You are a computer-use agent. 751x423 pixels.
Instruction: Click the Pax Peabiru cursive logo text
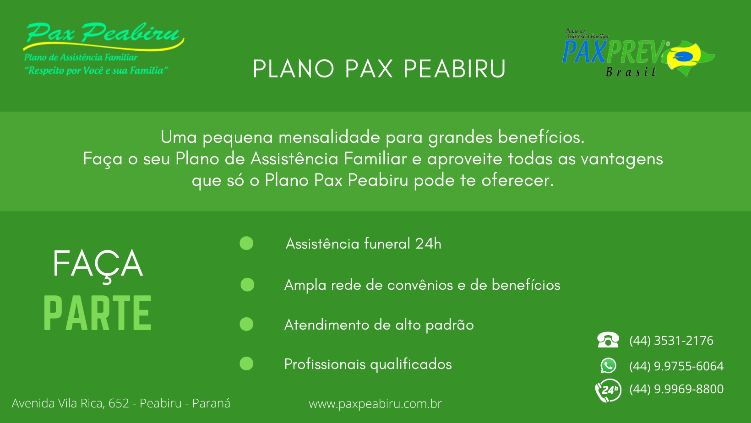pos(103,33)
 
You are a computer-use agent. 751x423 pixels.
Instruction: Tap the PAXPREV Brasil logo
pos(638,54)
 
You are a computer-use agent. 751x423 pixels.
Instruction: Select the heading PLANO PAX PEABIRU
pos(379,69)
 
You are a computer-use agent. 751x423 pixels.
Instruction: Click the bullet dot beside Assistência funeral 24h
pos(246,244)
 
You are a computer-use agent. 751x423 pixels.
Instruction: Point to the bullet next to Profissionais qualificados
pos(246,363)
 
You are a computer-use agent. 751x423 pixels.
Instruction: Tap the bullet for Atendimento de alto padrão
pos(246,324)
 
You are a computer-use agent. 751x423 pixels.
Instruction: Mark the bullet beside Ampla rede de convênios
pos(247,285)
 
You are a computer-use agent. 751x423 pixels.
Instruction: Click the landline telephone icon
pos(608,340)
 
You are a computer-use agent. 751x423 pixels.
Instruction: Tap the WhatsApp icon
pos(608,366)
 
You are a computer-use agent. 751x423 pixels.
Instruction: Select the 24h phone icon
pos(608,390)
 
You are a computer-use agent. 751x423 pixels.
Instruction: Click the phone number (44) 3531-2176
pos(671,341)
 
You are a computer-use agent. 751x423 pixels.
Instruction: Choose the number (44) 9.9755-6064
pos(676,366)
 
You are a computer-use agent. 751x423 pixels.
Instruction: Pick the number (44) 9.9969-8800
pos(676,389)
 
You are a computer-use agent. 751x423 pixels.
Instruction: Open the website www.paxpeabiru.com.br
pos(375,404)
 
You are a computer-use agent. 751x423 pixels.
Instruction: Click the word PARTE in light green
pos(98,313)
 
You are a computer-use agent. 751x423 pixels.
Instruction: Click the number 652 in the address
pos(119,403)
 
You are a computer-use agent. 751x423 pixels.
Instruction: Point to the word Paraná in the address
pos(211,403)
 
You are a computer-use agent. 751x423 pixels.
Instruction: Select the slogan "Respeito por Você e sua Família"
pos(96,70)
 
